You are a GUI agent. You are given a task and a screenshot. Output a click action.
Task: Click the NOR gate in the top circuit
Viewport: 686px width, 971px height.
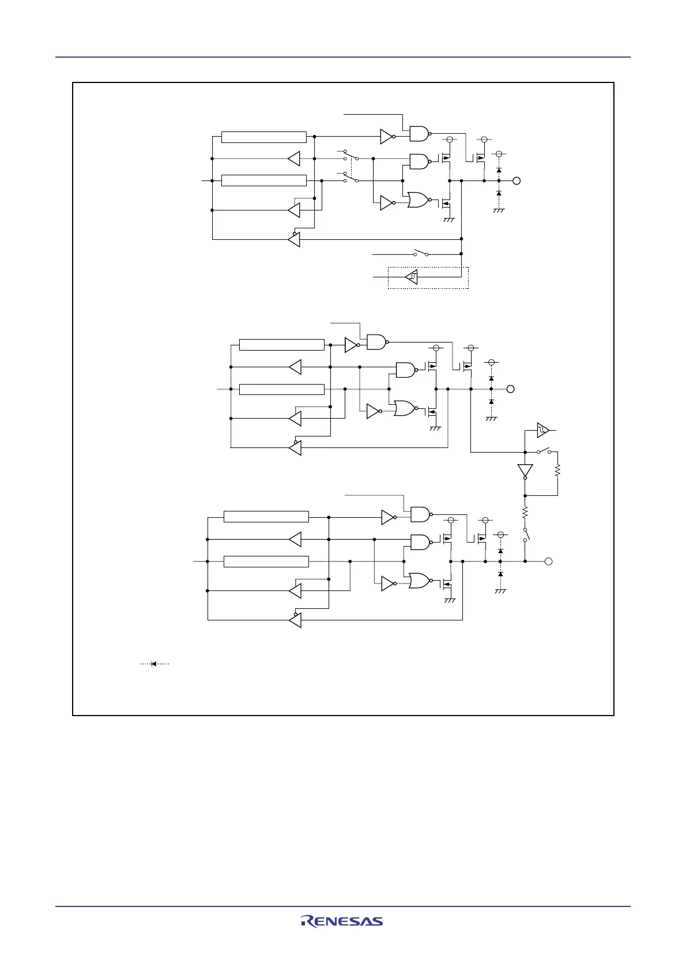pyautogui.click(x=419, y=200)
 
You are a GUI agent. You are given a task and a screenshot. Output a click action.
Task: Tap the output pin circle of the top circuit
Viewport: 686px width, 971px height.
pyautogui.click(x=517, y=180)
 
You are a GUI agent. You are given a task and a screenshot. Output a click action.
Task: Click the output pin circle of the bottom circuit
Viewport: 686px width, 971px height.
pyautogui.click(x=549, y=561)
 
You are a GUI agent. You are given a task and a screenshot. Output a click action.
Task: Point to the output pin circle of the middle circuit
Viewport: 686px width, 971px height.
pyautogui.click(x=510, y=389)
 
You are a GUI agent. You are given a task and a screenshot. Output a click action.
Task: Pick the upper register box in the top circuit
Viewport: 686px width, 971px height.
pyautogui.click(x=263, y=137)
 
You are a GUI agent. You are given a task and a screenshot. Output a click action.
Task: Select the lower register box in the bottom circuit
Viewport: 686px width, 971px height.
pyautogui.click(x=266, y=561)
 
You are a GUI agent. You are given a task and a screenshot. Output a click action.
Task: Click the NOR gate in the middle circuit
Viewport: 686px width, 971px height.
pyautogui.click(x=405, y=409)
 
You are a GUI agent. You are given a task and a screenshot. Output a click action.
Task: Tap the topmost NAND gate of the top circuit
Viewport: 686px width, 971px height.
pyautogui.click(x=420, y=134)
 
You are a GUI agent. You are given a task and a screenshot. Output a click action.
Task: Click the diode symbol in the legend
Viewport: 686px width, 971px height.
pyautogui.click(x=154, y=664)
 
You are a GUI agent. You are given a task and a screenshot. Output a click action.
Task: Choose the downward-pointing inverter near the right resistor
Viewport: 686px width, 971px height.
pyautogui.click(x=525, y=471)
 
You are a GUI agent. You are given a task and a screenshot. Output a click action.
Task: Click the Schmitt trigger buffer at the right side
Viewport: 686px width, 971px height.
pyautogui.click(x=543, y=430)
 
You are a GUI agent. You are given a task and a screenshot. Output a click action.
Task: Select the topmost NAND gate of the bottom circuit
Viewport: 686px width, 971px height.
pyautogui.click(x=420, y=514)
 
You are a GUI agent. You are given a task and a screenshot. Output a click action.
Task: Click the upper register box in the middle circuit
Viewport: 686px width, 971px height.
pyautogui.click(x=281, y=345)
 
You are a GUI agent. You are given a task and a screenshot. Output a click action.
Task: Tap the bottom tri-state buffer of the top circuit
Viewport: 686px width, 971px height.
pyautogui.click(x=294, y=239)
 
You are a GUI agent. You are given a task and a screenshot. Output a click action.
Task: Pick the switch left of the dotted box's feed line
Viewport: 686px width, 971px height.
pyautogui.click(x=420, y=253)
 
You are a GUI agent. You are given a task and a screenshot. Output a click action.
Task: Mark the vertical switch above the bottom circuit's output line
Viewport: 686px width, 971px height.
pyautogui.click(x=526, y=535)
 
